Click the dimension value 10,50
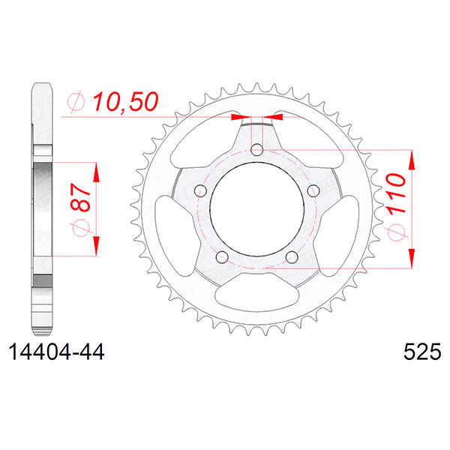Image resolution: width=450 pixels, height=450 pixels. tap(126, 103)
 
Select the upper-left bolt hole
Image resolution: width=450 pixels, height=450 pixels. tap(199, 190)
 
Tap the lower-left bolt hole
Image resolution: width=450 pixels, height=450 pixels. tap(220, 257)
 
